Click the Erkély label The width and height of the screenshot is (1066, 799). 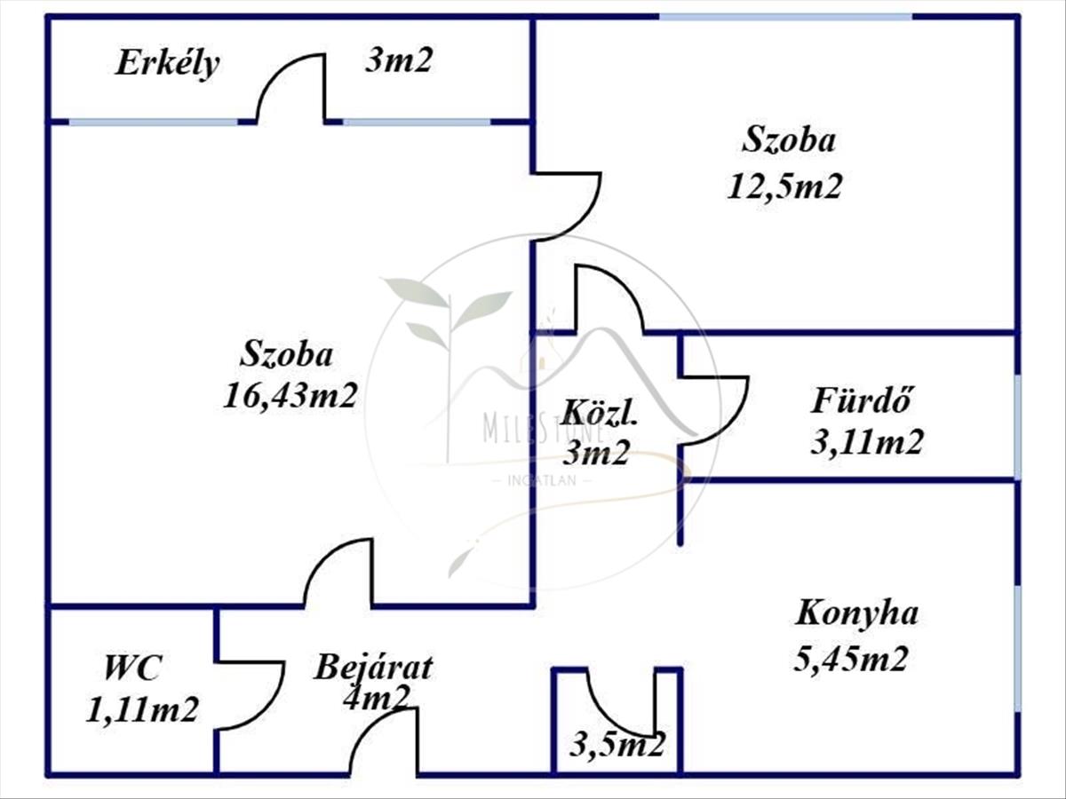[x=167, y=64]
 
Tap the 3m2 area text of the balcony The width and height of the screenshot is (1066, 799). [x=399, y=60]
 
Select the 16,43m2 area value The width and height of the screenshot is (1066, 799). [x=290, y=394]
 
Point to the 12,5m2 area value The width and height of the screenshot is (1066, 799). [x=784, y=186]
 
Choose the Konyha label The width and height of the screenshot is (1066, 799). [x=856, y=613]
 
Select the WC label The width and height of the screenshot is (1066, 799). [x=133, y=667]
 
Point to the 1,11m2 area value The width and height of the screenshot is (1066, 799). [x=142, y=709]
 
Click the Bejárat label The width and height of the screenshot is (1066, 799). [x=373, y=667]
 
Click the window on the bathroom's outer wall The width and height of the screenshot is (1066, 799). [x=1017, y=426]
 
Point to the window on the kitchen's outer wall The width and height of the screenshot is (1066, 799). [x=1017, y=648]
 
